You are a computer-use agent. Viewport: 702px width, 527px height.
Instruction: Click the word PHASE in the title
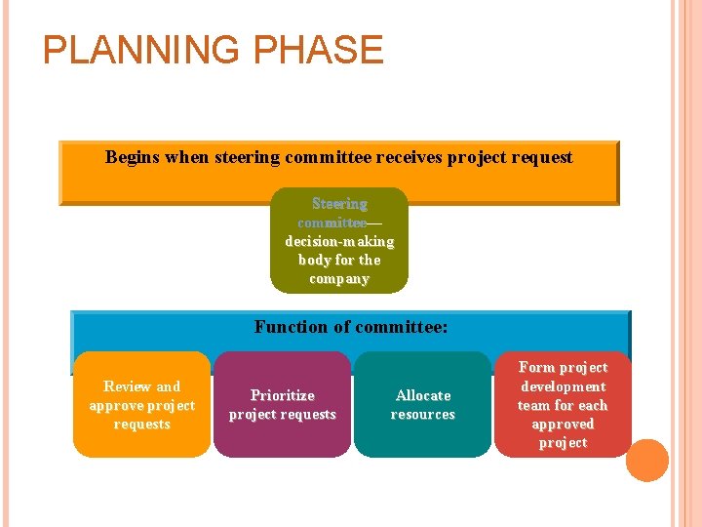pyautogui.click(x=326, y=50)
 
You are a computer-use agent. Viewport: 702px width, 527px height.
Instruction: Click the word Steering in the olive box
pyautogui.click(x=339, y=204)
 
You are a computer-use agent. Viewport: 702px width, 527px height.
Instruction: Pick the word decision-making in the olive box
pyautogui.click(x=339, y=241)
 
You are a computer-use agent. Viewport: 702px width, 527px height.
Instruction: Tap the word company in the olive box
pyautogui.click(x=339, y=279)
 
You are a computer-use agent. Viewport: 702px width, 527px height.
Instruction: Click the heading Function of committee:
pyautogui.click(x=351, y=327)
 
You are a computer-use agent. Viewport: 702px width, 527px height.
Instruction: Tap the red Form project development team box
pyautogui.click(x=563, y=405)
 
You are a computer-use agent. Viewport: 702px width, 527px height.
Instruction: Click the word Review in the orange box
pyautogui.click(x=128, y=386)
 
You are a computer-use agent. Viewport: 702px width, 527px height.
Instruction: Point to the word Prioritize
pyautogui.click(x=283, y=395)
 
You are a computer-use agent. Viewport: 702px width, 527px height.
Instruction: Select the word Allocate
pyautogui.click(x=423, y=395)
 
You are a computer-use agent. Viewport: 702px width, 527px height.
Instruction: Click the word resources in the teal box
pyautogui.click(x=423, y=415)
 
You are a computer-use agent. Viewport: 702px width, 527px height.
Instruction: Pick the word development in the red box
pyautogui.click(x=563, y=386)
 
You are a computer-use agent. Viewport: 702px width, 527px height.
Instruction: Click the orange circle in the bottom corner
pyautogui.click(x=647, y=460)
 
